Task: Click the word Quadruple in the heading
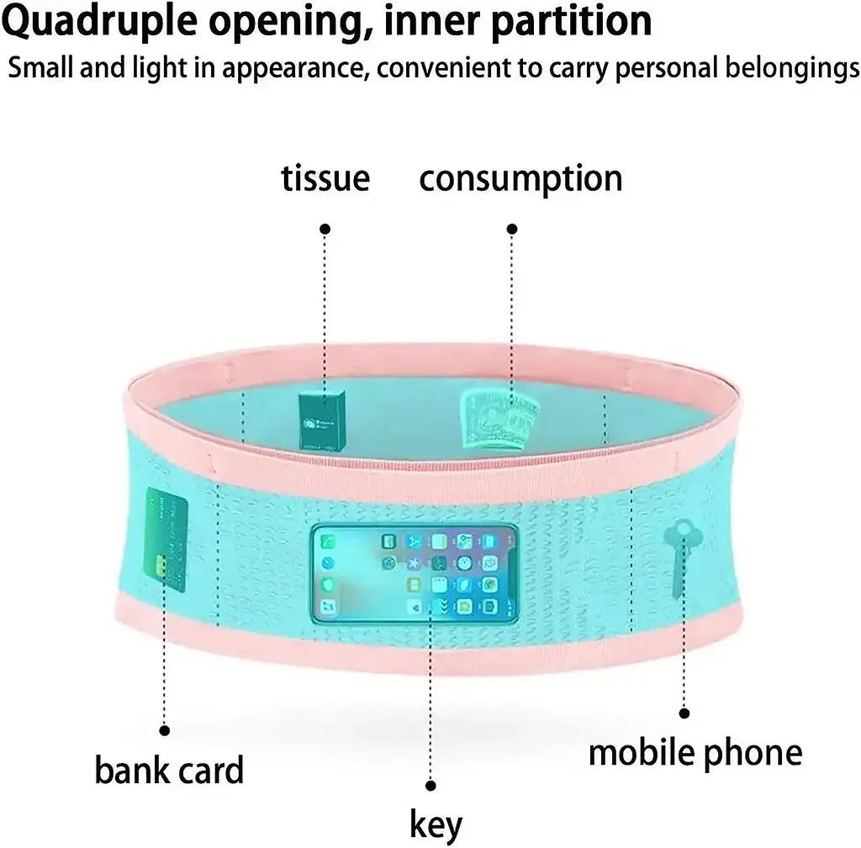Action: click(99, 22)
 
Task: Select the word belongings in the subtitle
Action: click(792, 69)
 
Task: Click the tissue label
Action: click(325, 178)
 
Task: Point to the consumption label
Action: click(520, 179)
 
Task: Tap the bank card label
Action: click(169, 770)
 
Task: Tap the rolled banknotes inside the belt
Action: click(499, 420)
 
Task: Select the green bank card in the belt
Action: click(166, 539)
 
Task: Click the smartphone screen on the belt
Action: click(415, 573)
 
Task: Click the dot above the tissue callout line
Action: click(325, 229)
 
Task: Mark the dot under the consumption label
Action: click(512, 229)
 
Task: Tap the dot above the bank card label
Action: click(164, 730)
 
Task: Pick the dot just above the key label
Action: click(431, 786)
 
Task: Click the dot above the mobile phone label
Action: click(684, 713)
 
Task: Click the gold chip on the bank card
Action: click(161, 565)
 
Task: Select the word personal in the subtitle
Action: click(666, 69)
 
